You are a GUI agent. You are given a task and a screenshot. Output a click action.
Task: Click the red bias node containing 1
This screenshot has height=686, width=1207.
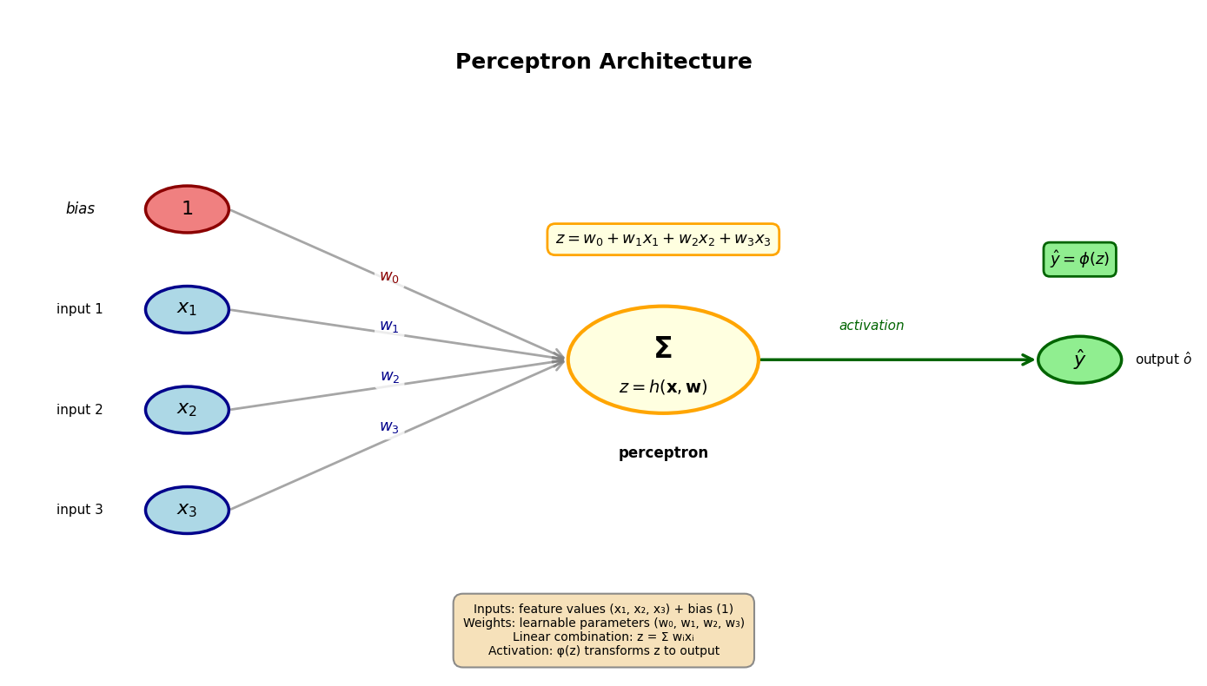(x=187, y=209)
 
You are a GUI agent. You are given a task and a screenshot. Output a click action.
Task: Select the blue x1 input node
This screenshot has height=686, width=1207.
(x=187, y=309)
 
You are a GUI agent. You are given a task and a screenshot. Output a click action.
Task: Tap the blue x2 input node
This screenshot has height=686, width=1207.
(x=187, y=410)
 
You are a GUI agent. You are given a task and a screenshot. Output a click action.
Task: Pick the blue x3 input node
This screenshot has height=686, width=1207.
(x=187, y=510)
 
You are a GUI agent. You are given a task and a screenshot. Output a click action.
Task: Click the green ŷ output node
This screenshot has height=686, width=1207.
(x=1079, y=359)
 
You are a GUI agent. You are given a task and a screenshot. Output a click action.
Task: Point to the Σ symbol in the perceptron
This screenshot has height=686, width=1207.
(x=663, y=348)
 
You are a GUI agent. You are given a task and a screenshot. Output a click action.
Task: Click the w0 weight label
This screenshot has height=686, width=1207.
(x=389, y=277)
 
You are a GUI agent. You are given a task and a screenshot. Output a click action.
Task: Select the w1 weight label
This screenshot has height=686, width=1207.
(x=389, y=327)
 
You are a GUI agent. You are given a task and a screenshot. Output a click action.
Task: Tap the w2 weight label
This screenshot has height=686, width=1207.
(x=389, y=377)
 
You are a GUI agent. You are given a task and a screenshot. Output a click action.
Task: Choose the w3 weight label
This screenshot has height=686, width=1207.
(x=389, y=427)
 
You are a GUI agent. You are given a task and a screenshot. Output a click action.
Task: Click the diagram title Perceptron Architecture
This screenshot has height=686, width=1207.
(x=603, y=63)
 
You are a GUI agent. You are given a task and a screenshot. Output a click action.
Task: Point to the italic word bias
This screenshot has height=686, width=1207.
(x=80, y=209)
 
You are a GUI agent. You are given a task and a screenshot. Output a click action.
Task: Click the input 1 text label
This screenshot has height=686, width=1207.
(x=80, y=309)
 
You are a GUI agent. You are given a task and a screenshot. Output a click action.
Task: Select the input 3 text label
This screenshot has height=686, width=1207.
(x=80, y=510)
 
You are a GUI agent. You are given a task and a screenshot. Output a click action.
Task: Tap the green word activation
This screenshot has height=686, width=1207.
(x=871, y=326)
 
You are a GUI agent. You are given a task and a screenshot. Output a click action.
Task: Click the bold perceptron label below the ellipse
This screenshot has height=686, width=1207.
(x=663, y=453)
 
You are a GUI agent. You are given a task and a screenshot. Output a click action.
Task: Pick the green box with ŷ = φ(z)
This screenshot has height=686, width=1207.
(x=1079, y=260)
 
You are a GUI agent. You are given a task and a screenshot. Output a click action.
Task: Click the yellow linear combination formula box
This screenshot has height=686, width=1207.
(x=663, y=240)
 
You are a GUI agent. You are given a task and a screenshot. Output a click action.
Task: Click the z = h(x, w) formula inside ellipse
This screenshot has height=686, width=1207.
(x=663, y=387)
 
